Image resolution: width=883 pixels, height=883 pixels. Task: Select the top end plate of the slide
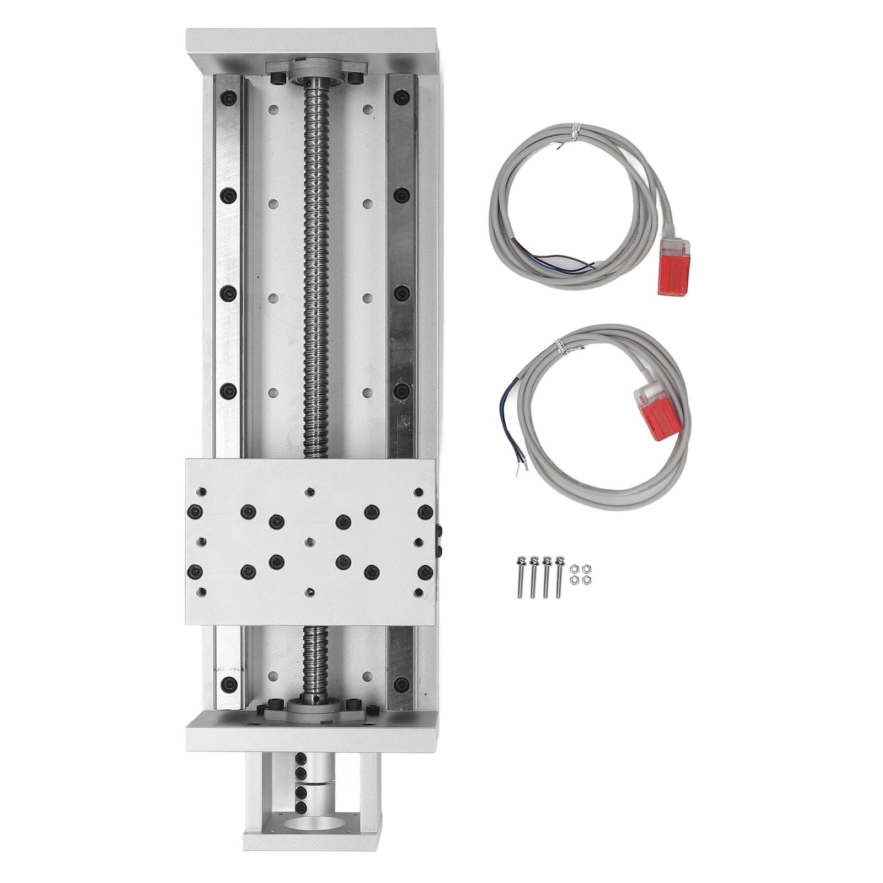313,46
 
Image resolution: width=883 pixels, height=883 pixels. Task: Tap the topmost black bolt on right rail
399,98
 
